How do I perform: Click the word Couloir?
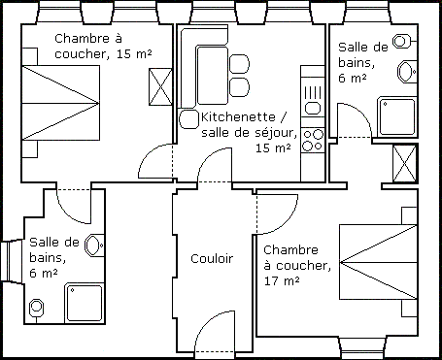(x=212, y=258)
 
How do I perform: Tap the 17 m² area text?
(x=282, y=280)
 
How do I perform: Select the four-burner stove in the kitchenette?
(x=313, y=140)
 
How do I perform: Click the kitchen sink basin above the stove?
(x=313, y=108)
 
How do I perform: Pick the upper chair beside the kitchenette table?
(x=239, y=64)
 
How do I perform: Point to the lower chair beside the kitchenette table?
(x=239, y=87)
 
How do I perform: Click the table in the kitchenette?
(x=212, y=76)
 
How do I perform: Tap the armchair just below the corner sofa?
(x=188, y=118)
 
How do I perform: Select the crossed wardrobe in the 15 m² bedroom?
(x=160, y=86)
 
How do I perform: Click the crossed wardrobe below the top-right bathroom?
(x=404, y=164)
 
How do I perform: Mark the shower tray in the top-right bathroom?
(x=397, y=116)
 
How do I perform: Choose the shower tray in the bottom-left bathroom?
(x=85, y=303)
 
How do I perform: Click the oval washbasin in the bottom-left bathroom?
(x=94, y=245)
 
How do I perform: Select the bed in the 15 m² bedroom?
(x=60, y=103)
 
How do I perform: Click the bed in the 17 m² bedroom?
(x=378, y=262)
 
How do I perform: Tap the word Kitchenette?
(x=238, y=116)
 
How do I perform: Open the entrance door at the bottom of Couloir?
(x=215, y=332)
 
